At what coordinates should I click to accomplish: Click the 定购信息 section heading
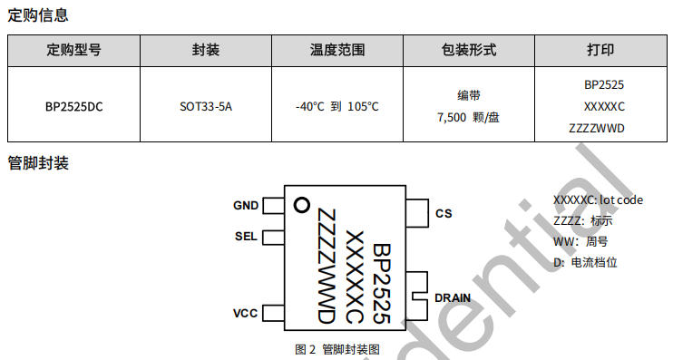click(38, 15)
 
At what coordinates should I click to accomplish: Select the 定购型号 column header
click(73, 50)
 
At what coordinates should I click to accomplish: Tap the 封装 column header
click(206, 50)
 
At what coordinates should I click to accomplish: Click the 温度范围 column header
click(337, 50)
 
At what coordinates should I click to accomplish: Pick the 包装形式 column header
click(469, 50)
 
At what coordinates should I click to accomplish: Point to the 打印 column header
click(600, 50)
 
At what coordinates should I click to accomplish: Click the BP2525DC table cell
click(73, 106)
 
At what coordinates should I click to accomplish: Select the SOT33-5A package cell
click(206, 106)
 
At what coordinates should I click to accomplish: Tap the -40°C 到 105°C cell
click(337, 106)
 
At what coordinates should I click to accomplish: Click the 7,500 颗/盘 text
click(468, 117)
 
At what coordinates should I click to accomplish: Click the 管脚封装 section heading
click(38, 163)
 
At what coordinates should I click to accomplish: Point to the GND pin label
click(246, 206)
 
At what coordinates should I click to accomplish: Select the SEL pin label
click(246, 237)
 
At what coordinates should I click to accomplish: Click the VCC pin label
click(246, 313)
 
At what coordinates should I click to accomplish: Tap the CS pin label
click(444, 214)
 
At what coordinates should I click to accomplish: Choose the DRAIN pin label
click(453, 297)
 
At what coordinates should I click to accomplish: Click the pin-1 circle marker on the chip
click(302, 205)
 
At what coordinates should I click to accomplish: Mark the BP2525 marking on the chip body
click(382, 284)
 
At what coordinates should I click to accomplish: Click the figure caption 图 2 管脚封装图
click(337, 349)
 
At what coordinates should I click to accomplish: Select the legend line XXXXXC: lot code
click(598, 200)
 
